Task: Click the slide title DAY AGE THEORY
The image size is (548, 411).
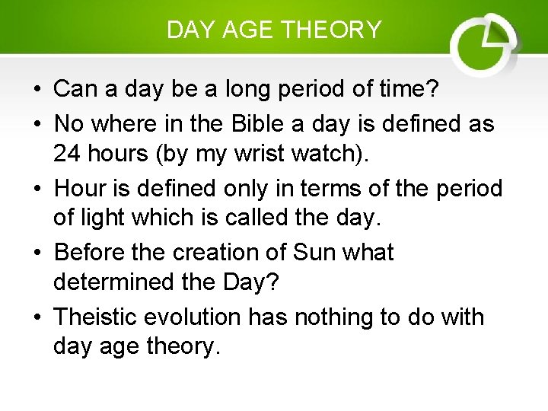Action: click(x=274, y=30)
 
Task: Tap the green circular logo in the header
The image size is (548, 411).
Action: click(x=483, y=45)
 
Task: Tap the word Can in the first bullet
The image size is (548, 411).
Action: click(x=77, y=90)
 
